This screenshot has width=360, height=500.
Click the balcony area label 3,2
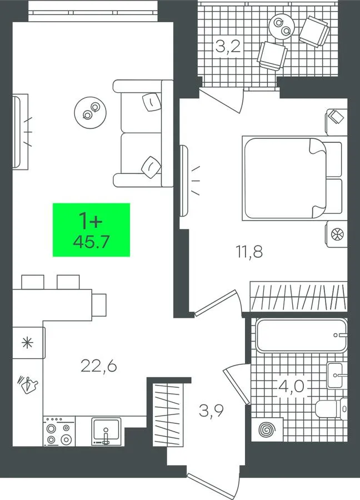point(228,47)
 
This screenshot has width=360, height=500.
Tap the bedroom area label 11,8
point(249,252)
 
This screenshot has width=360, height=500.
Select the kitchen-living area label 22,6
point(98,366)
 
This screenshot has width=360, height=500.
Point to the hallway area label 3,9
point(211,411)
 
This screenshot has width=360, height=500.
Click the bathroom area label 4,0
point(292,387)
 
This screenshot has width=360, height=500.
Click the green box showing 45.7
point(91,229)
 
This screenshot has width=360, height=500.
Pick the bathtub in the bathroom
point(301,335)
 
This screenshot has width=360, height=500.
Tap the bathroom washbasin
point(335,376)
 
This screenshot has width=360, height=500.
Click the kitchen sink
point(107,431)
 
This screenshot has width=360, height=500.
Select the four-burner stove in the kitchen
point(59,431)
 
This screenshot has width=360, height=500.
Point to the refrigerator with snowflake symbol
point(29,343)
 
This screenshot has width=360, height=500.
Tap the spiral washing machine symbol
point(267,429)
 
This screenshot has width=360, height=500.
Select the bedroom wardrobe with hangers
point(298,297)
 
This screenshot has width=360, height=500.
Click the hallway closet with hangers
point(168,414)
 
